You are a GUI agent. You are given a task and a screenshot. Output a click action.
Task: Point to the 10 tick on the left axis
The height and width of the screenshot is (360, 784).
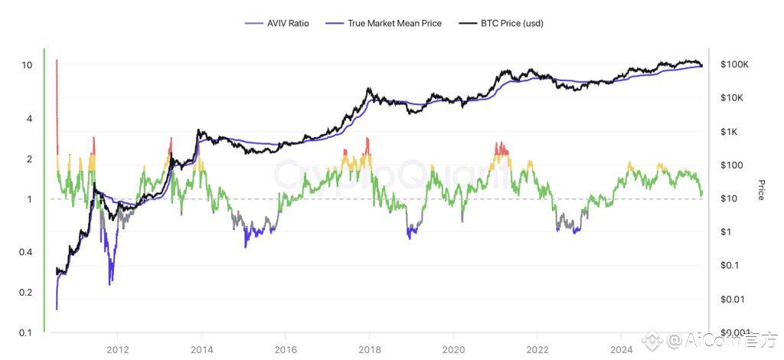point(27,65)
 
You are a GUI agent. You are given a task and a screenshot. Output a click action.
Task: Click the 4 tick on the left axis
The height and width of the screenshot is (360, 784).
point(29,119)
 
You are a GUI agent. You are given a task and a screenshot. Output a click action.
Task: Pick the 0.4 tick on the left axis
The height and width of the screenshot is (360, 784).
point(25,253)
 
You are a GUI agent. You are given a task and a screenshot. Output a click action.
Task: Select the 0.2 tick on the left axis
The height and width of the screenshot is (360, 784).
point(25,293)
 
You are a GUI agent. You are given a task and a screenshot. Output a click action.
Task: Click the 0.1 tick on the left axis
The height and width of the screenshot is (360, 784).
point(25,332)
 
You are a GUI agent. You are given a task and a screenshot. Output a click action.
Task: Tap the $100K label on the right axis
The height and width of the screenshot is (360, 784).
point(734,65)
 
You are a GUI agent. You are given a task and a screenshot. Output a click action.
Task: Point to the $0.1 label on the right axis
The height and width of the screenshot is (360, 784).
point(730,265)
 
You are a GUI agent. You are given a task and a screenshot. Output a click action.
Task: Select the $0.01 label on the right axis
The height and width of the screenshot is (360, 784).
point(733,299)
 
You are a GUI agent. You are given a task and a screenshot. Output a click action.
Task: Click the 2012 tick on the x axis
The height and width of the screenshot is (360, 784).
point(117,349)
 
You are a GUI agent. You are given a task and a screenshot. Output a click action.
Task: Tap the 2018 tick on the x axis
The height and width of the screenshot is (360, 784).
point(369,349)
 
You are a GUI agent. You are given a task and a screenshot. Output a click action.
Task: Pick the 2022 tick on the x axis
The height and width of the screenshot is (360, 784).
point(537,349)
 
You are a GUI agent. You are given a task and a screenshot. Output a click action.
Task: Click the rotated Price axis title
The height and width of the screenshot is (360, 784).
point(761,190)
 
